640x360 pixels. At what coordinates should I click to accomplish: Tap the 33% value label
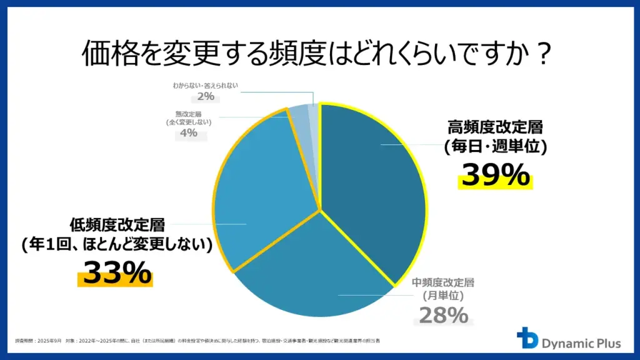point(117,272)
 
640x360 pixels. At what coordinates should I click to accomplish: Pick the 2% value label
point(205,96)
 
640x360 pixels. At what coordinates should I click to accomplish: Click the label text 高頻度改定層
point(495,127)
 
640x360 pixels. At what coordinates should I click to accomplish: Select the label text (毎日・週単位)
point(495,148)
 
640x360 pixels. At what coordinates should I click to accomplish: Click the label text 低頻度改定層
point(116,225)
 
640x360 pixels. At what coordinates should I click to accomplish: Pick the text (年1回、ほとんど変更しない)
point(116,246)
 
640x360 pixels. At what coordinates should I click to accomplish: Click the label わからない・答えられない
point(206,85)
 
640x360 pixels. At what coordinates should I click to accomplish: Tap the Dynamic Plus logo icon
point(527,338)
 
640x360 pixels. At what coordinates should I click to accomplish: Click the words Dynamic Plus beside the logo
point(581,342)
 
